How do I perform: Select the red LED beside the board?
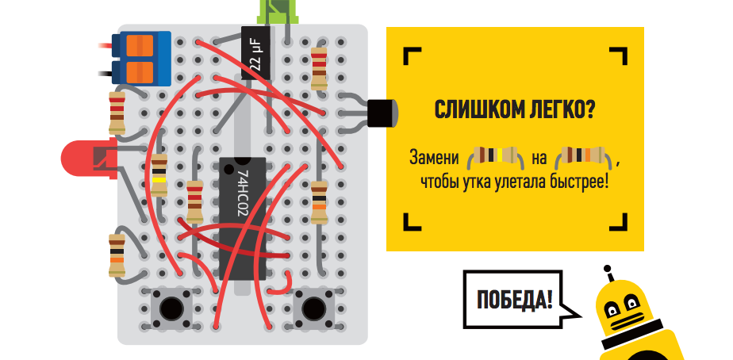pos(83,158)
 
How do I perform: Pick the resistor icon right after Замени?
pos(497,156)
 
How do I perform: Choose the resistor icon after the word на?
pos(584,156)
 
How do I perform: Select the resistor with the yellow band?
pos(159,176)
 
